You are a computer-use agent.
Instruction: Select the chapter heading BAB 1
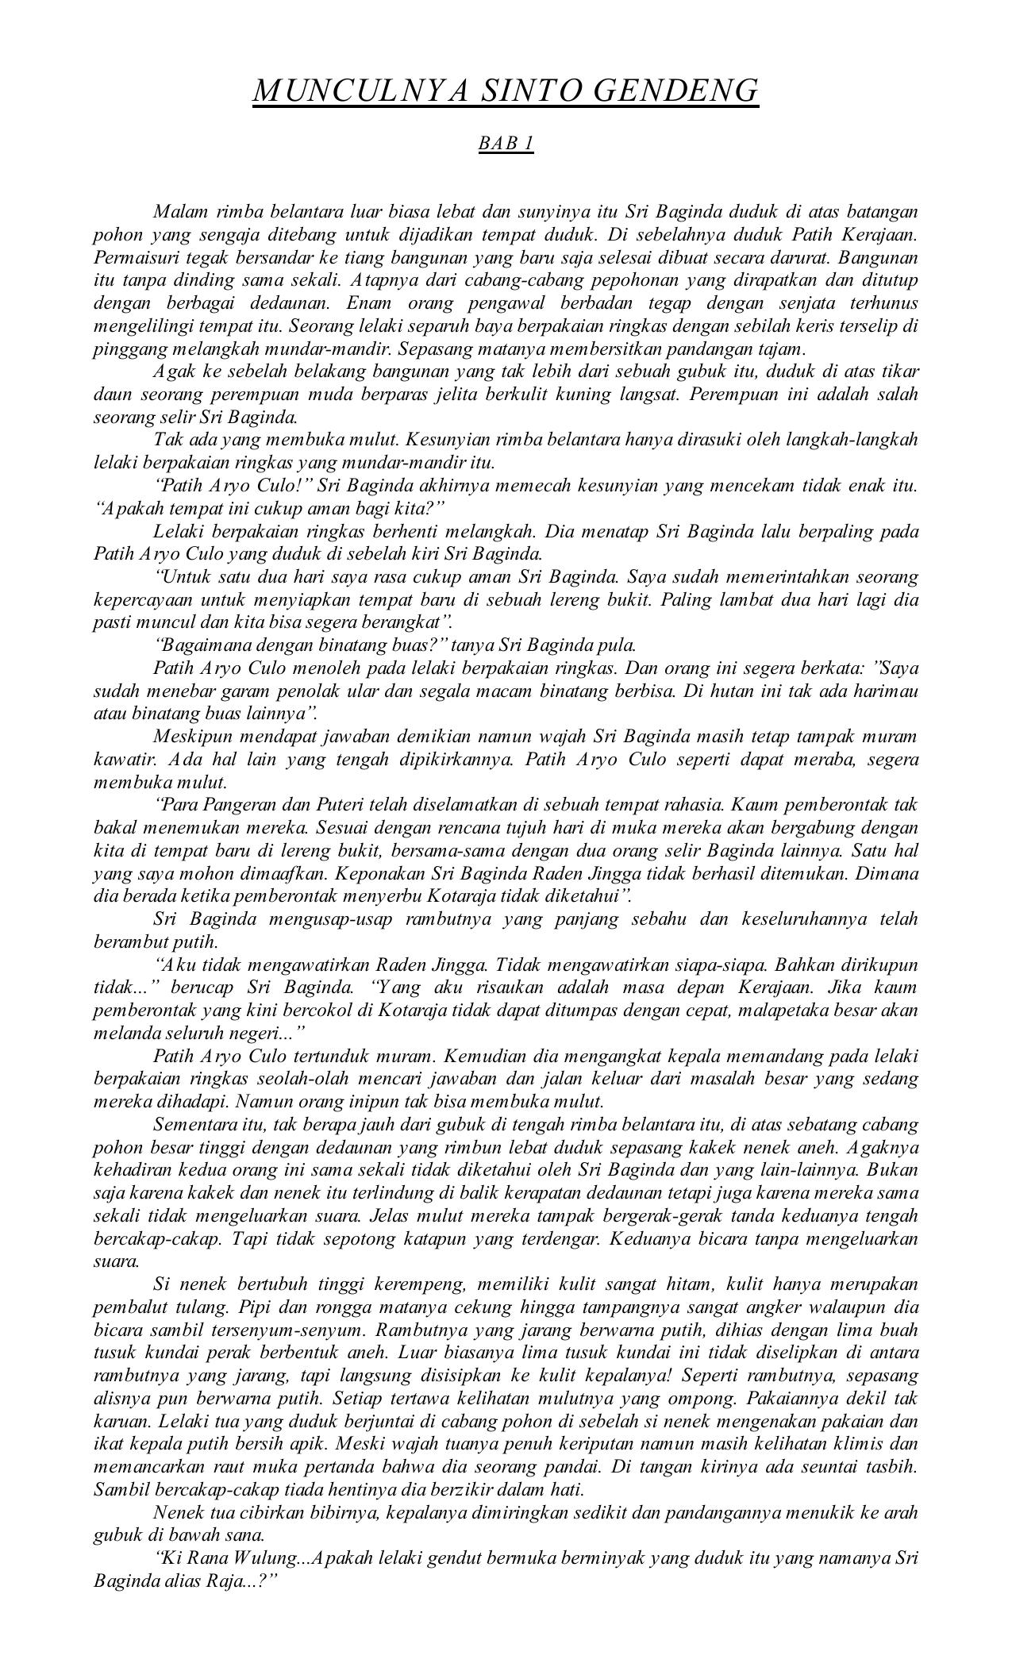point(506,144)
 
